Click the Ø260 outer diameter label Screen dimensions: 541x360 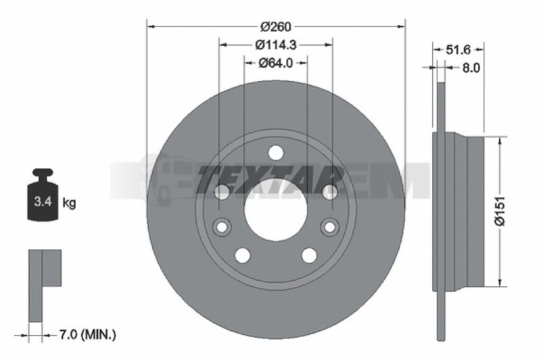click(x=276, y=26)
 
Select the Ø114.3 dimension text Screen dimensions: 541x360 click(x=276, y=45)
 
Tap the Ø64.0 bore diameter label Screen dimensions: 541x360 click(x=276, y=63)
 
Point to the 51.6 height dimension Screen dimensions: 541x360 click(x=458, y=49)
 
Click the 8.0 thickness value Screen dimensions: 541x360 click(x=471, y=68)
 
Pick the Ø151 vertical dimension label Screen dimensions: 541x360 click(x=500, y=211)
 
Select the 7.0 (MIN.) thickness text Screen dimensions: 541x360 click(x=88, y=334)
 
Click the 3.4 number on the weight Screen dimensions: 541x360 click(x=43, y=201)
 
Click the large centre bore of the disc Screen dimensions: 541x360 click(x=276, y=210)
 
